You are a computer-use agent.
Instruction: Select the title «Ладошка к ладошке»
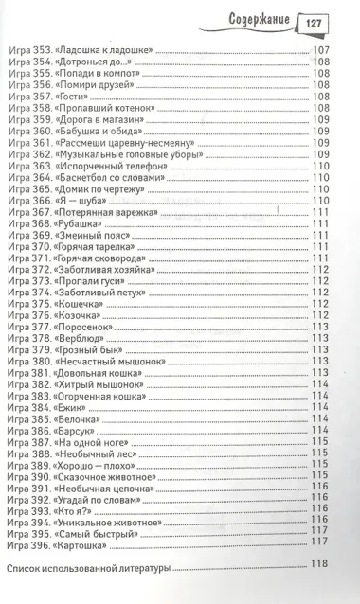click(106, 48)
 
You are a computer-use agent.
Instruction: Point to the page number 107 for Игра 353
click(318, 48)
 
